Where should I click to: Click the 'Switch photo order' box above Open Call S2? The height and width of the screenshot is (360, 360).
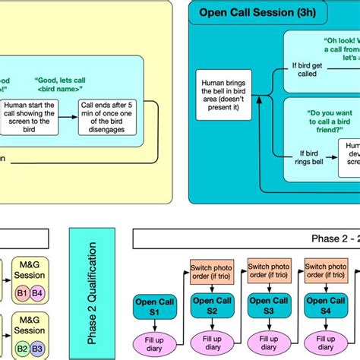click(x=210, y=273)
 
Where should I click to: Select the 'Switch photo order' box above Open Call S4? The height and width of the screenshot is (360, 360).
click(x=325, y=273)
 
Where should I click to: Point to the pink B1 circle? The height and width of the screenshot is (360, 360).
click(x=21, y=292)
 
